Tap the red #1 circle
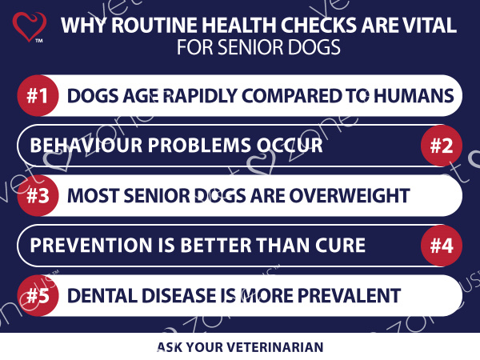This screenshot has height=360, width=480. coord(38,95)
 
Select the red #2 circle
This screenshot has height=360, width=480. coord(442,146)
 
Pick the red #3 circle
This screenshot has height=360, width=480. coord(38,196)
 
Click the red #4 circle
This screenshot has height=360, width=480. coord(442,246)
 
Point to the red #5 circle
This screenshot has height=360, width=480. coord(38,296)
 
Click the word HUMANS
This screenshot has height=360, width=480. coord(414,96)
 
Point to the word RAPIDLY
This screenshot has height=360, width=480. coord(199,96)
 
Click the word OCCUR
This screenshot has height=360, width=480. coord(290,145)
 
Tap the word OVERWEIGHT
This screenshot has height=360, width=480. coord(350,196)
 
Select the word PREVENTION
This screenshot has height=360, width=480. coord(90,246)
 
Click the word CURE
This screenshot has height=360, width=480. coord(341,246)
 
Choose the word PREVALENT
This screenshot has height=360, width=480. coord(349,296)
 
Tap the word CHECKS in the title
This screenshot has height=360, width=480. coord(318,25)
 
